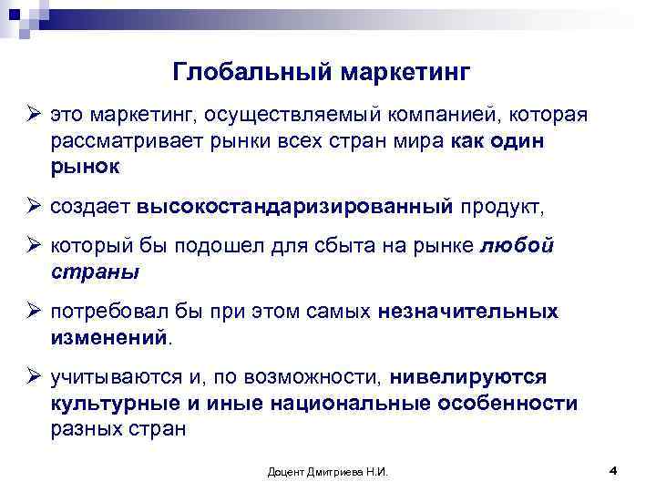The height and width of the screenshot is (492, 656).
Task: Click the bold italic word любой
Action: coord(515,247)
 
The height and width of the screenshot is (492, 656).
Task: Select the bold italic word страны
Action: coord(96,272)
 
